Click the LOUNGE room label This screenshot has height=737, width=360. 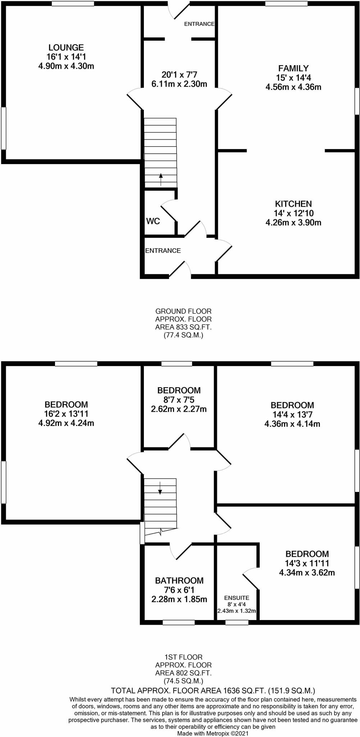(66, 47)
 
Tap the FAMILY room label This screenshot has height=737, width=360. (293, 68)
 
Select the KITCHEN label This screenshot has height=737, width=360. (293, 204)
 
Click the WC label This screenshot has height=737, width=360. (153, 221)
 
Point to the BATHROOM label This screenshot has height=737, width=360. (179, 580)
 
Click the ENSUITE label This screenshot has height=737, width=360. (236, 598)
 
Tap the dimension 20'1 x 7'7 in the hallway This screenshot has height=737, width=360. (179, 75)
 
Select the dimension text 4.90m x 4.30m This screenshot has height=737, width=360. (66, 66)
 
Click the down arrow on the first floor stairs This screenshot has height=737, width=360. (160, 488)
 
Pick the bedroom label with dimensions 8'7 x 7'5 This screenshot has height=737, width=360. (179, 390)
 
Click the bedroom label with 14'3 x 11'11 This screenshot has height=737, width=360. (307, 554)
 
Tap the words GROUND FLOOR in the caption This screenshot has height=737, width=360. (183, 311)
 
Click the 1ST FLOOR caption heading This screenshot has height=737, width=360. (183, 657)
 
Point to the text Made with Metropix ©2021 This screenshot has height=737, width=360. (213, 733)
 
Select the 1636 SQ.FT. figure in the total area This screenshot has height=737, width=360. (242, 691)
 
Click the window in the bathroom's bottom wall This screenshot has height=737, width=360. (179, 622)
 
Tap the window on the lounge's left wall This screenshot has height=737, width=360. (3, 128)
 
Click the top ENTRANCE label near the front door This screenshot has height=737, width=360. (199, 24)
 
